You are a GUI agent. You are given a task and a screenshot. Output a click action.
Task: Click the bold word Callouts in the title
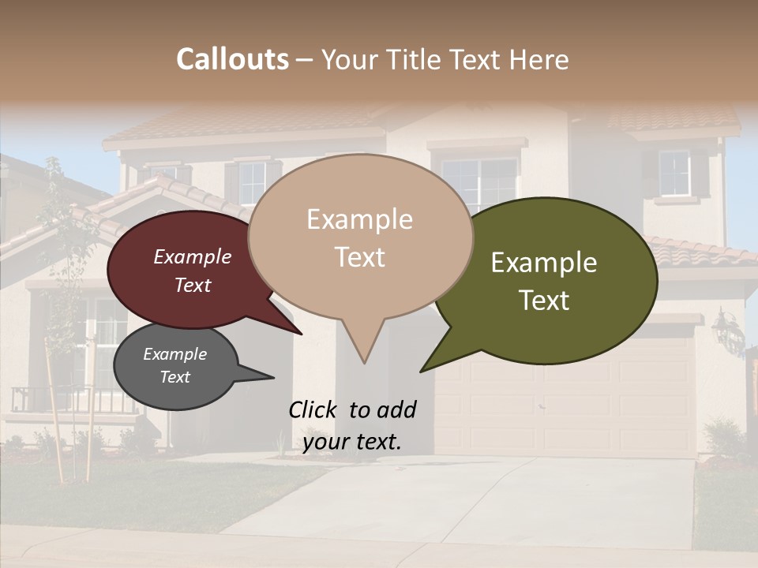[x=232, y=59]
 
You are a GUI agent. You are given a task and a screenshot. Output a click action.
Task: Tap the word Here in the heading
[x=541, y=59]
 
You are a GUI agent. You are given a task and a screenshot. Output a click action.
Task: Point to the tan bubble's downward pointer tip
[x=363, y=362]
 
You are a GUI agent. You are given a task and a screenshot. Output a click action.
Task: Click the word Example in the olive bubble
[x=544, y=263]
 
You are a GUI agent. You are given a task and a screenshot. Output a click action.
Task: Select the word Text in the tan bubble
[x=360, y=257]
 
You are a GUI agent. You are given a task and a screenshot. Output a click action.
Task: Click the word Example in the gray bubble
[x=174, y=354]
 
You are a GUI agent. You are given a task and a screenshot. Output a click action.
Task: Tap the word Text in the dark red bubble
[x=193, y=285]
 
